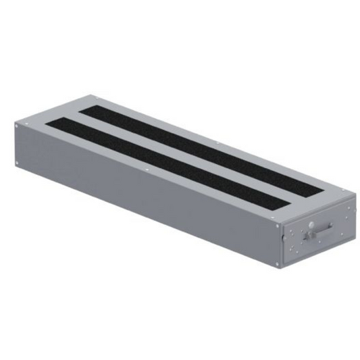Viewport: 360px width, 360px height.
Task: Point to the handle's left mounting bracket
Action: click(307, 235)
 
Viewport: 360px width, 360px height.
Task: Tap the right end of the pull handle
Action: click(331, 227)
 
